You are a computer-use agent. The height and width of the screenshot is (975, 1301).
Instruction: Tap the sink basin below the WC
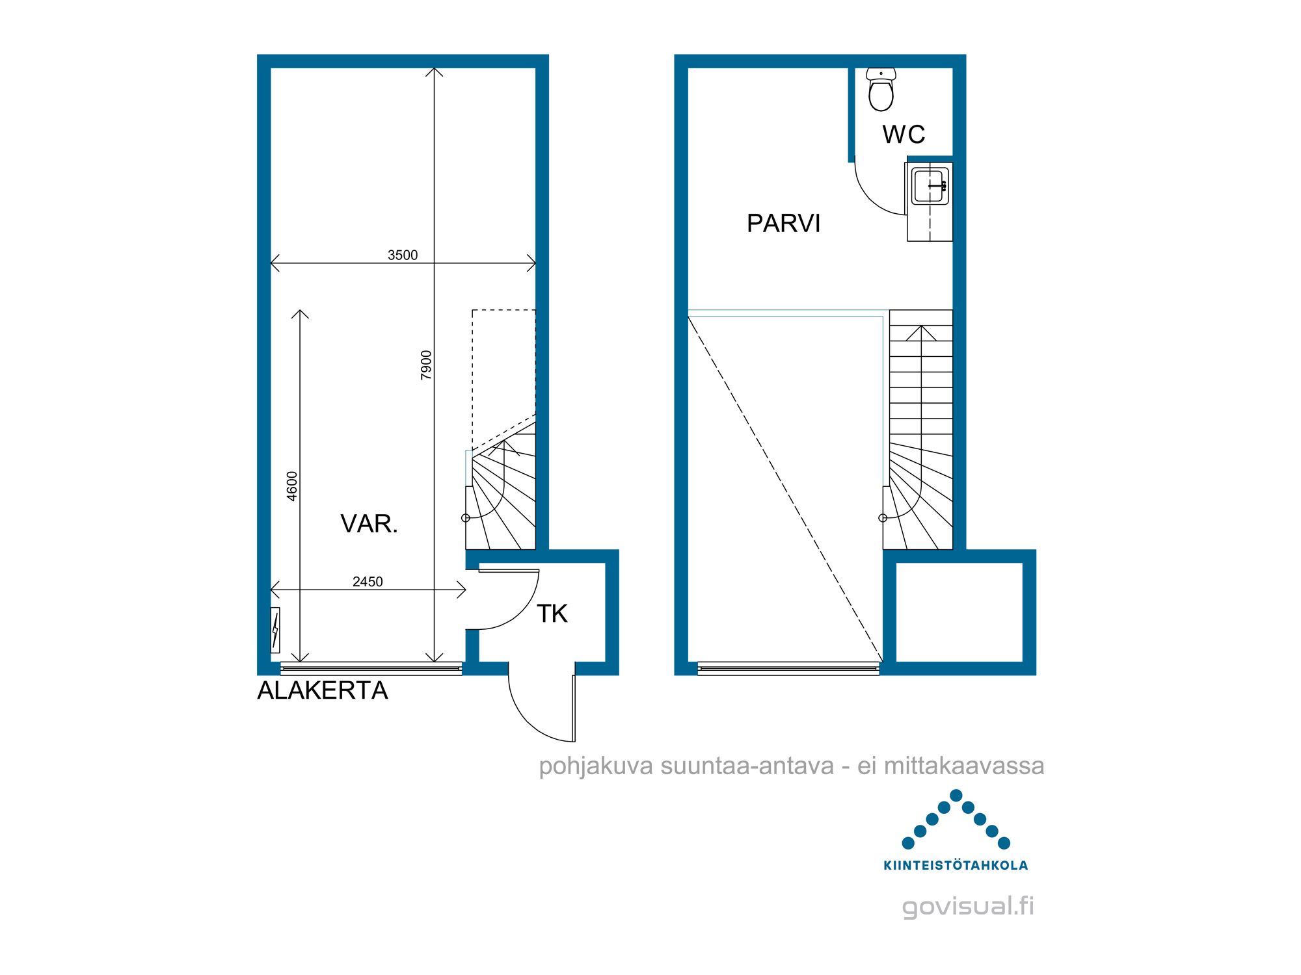click(930, 186)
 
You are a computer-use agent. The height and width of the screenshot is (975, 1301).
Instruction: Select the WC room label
click(904, 135)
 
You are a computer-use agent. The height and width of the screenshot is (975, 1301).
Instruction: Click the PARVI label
click(783, 224)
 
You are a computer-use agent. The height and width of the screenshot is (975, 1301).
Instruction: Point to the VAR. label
click(369, 524)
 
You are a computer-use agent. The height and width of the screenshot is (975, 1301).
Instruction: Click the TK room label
click(552, 614)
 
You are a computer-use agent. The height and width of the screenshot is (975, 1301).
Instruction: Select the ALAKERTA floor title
click(323, 690)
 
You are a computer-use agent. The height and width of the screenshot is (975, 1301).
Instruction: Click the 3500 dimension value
click(403, 255)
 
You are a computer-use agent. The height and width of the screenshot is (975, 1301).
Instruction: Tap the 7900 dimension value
click(426, 365)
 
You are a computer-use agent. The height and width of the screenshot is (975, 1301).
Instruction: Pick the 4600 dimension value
click(292, 486)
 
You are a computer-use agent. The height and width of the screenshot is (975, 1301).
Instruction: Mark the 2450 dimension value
click(368, 582)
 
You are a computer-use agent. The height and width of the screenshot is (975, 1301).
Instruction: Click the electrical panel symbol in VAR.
click(275, 630)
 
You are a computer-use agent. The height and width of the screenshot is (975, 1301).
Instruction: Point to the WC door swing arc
click(866, 196)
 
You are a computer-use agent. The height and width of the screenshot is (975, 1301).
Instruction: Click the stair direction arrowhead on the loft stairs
click(921, 333)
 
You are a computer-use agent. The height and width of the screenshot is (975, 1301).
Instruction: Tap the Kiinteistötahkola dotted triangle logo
click(956, 820)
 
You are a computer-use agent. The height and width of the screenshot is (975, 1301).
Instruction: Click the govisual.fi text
click(968, 906)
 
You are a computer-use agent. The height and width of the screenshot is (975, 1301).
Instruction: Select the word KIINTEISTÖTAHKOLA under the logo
click(956, 865)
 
